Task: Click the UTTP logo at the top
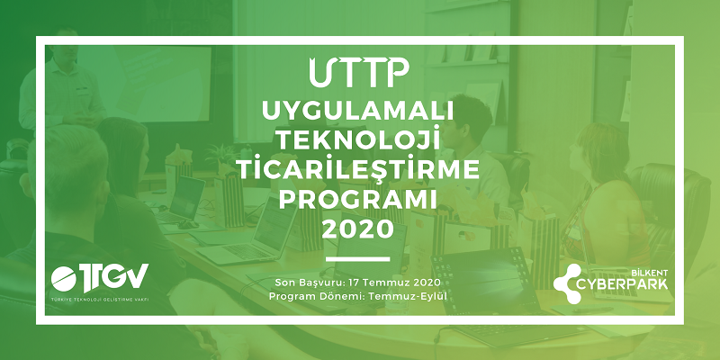pos(358,73)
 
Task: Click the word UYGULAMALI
pos(357,111)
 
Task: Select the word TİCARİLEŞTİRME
pos(357,168)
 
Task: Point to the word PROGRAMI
pos(357,199)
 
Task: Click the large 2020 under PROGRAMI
pos(357,229)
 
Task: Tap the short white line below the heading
pos(357,259)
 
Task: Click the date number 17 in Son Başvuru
pos(354,282)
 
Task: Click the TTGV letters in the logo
pos(115,277)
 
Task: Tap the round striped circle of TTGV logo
pos(64,279)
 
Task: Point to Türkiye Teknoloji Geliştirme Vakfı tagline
pos(100,300)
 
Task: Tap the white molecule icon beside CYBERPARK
pos(568,283)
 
